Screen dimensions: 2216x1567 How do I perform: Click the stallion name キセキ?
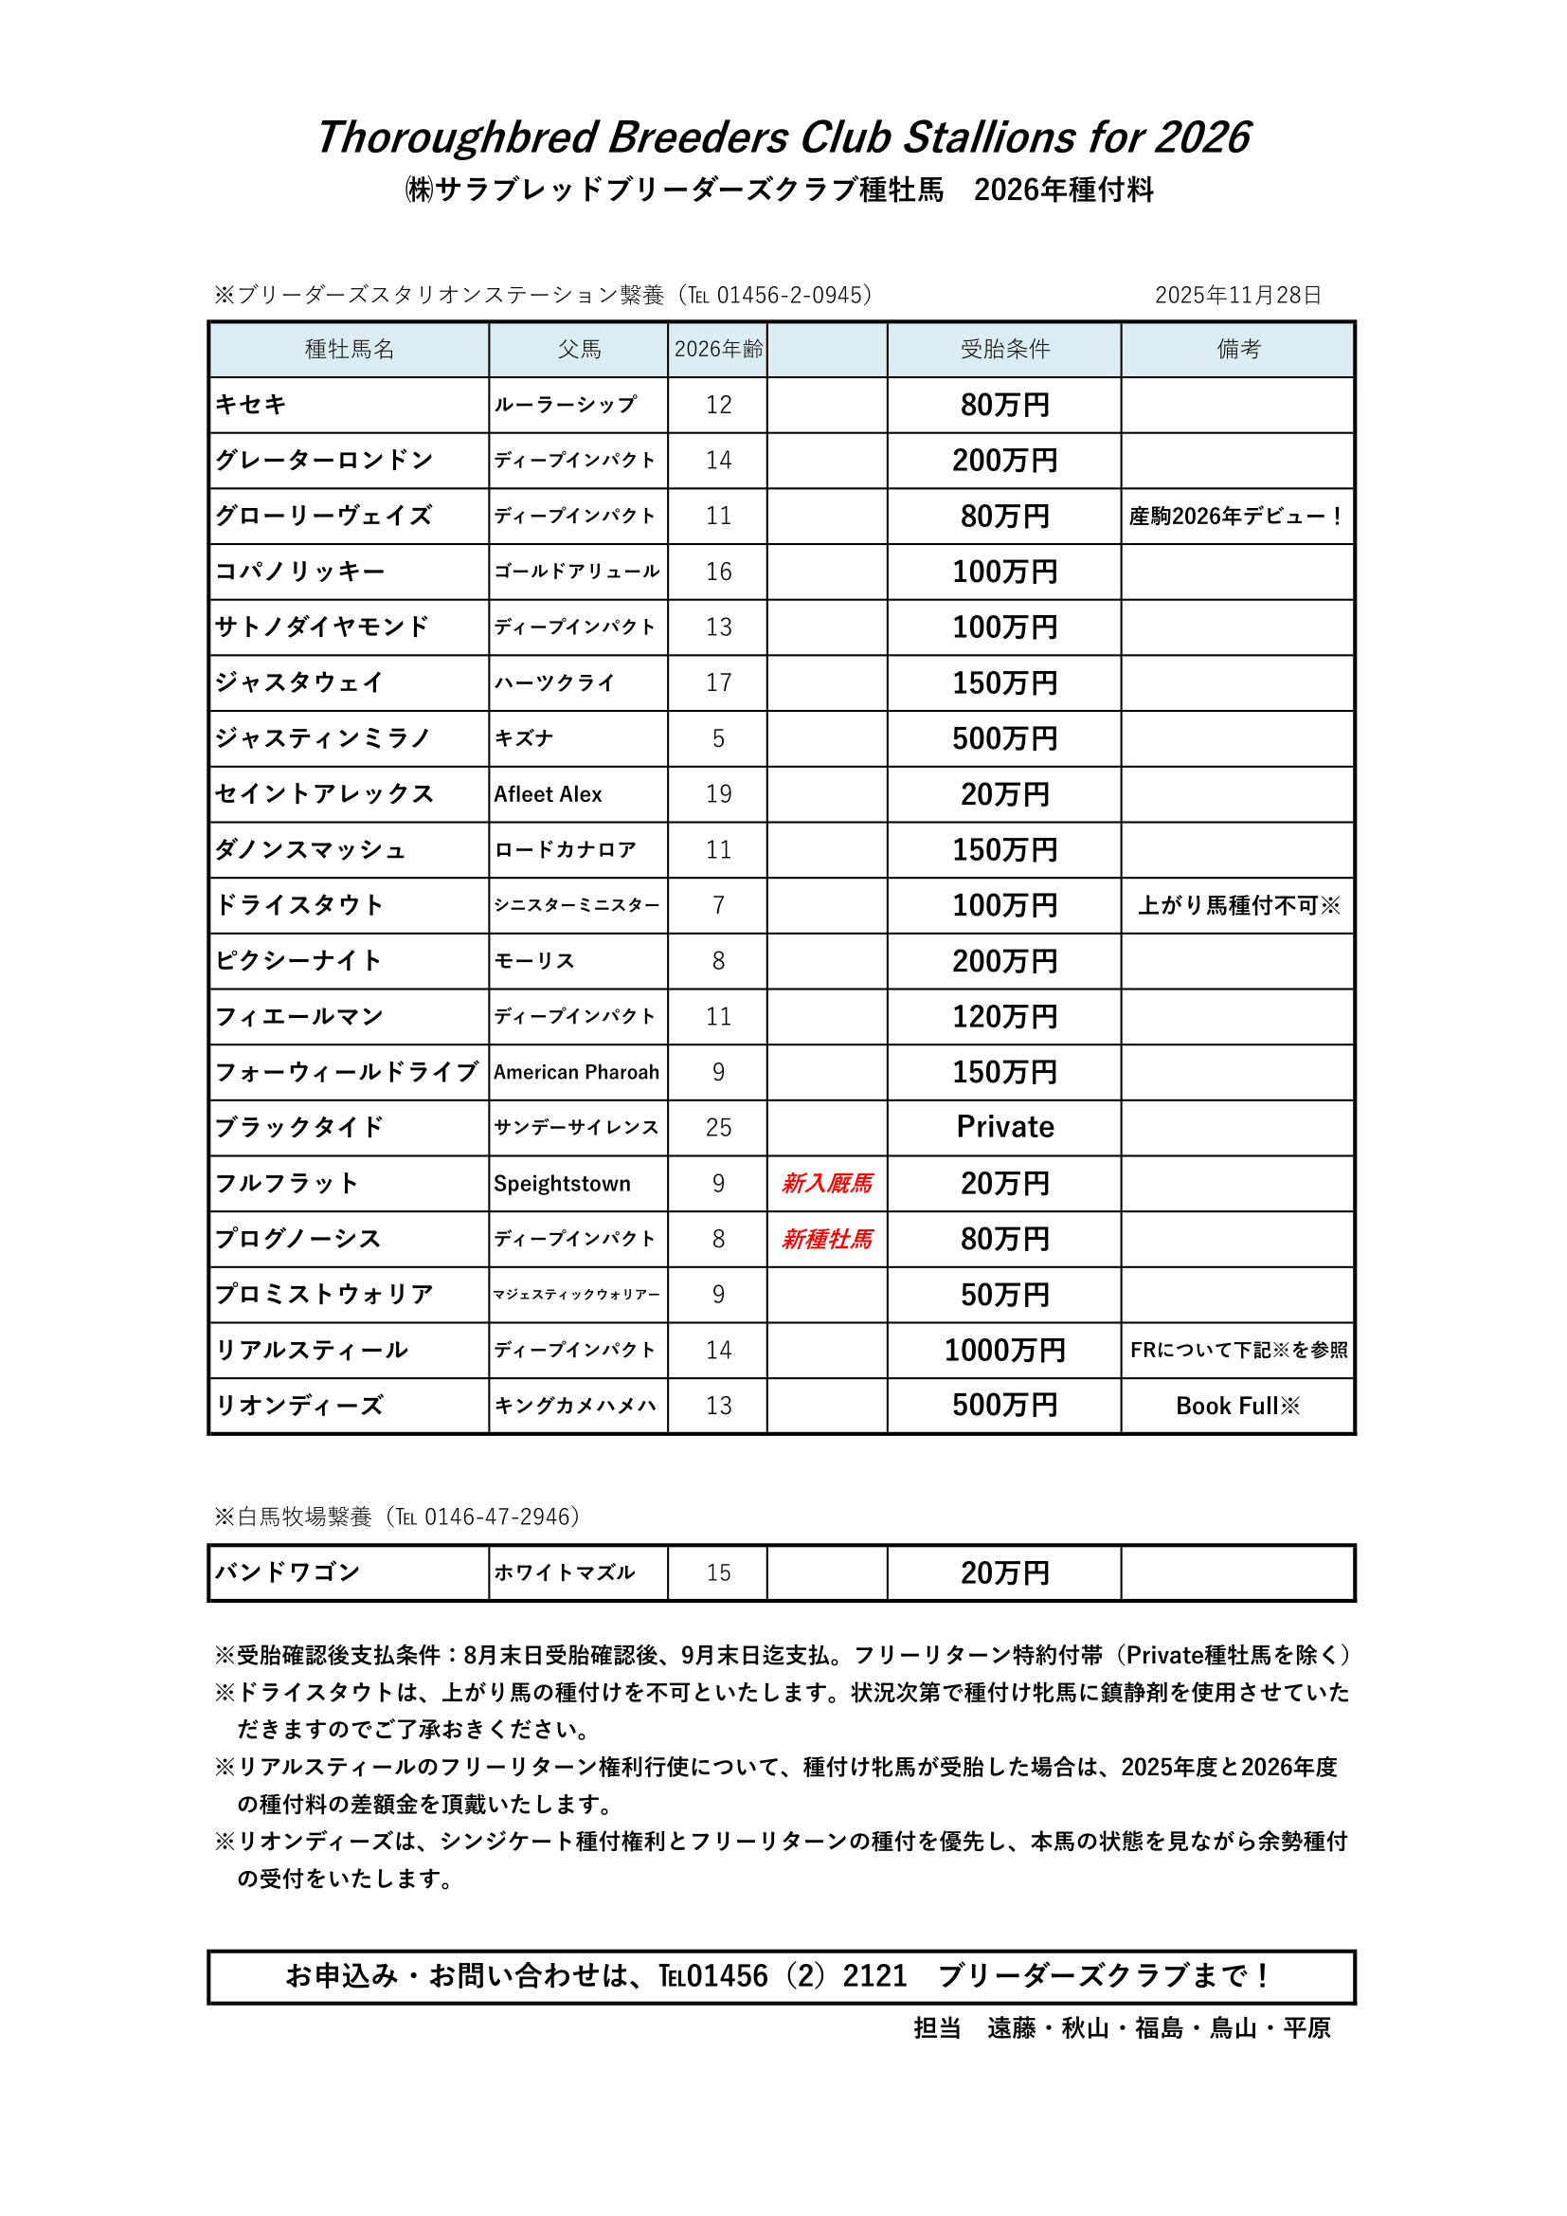tap(251, 405)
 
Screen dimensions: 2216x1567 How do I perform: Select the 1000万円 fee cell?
tap(1004, 1351)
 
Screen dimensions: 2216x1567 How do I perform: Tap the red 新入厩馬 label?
tap(827, 1183)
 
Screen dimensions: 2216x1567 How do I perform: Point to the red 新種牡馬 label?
tap(827, 1239)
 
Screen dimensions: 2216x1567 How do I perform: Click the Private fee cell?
tap(1004, 1127)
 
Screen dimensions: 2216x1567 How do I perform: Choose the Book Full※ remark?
tap(1238, 1407)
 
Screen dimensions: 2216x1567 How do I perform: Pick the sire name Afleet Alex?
tap(548, 794)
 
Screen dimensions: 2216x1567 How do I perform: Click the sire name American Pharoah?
tap(577, 1072)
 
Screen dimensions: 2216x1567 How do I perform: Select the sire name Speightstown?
tap(563, 1183)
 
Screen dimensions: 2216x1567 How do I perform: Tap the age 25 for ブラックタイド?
tap(719, 1127)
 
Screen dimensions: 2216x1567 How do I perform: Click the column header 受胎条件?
tap(1004, 350)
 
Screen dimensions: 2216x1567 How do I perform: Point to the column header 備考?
tap(1238, 350)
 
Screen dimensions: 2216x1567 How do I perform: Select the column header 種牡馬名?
tap(350, 350)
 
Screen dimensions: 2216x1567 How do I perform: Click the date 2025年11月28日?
tap(1238, 296)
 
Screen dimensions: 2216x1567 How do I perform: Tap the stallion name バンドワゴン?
tap(288, 1572)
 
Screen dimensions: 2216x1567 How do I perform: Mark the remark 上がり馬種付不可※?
tap(1239, 905)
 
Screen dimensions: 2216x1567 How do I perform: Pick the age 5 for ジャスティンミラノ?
tap(719, 738)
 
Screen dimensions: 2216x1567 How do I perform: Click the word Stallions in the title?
tap(989, 137)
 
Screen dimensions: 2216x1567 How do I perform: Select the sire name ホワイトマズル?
tap(565, 1572)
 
